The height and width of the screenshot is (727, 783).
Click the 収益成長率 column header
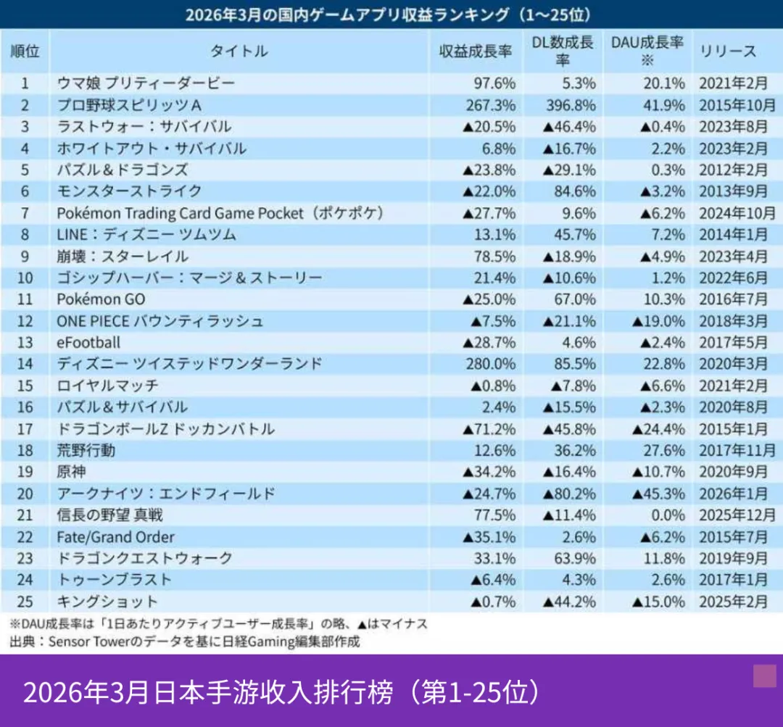pyautogui.click(x=476, y=51)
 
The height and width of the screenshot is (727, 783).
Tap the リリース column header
pyautogui.click(x=727, y=51)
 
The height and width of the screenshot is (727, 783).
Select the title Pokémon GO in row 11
pyautogui.click(x=101, y=299)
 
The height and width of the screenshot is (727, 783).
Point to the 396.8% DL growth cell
pyautogui.click(x=573, y=105)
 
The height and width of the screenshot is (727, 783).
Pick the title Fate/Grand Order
pyautogui.click(x=115, y=537)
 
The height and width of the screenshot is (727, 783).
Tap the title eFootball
pyautogui.click(x=88, y=342)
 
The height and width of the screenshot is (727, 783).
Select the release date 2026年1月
pyautogui.click(x=733, y=494)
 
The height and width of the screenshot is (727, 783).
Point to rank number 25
pyautogui.click(x=25, y=602)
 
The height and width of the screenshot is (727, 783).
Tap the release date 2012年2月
pyautogui.click(x=733, y=170)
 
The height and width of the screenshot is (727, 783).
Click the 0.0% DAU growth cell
pyautogui.click(x=665, y=515)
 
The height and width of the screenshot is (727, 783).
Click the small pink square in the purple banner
pyautogui.click(x=764, y=676)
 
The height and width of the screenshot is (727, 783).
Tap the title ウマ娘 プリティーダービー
pyautogui.click(x=146, y=83)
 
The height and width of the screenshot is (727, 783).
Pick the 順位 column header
pyautogui.click(x=25, y=51)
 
